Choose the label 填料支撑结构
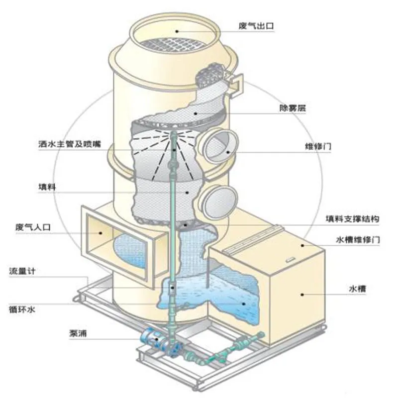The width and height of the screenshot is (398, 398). coord(353,219)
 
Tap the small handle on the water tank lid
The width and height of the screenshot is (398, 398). coord(289,259)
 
